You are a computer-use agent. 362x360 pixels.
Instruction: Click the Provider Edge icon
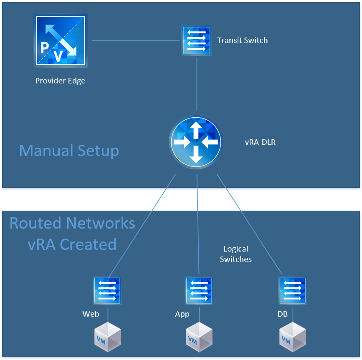(x=61, y=41)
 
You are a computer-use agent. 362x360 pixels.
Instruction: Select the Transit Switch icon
(x=196, y=41)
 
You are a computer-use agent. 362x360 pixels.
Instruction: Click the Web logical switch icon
(x=107, y=291)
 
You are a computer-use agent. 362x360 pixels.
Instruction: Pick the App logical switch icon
(x=199, y=291)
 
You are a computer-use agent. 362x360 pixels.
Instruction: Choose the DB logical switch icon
(x=292, y=291)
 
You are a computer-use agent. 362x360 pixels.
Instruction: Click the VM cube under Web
(x=107, y=337)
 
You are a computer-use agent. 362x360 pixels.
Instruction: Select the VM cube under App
(x=199, y=337)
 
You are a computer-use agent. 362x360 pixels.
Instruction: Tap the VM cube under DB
(x=292, y=337)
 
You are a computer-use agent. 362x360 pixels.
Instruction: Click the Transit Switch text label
(x=242, y=40)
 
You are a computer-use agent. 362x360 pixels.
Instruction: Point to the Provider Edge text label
(x=60, y=81)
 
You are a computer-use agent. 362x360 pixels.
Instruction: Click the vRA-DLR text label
(x=260, y=142)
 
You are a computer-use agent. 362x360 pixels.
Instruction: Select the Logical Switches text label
(x=235, y=254)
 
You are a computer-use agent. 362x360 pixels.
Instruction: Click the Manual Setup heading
(x=69, y=151)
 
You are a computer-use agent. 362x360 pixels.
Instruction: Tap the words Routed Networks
(x=72, y=223)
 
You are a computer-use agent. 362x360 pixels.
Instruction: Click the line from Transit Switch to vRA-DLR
(x=197, y=83)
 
